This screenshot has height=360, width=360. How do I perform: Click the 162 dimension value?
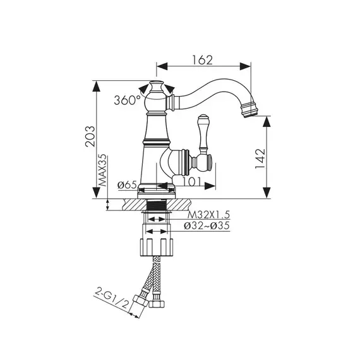point(203,60)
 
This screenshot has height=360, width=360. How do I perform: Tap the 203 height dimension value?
point(90,136)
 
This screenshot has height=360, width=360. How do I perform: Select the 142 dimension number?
point(260,159)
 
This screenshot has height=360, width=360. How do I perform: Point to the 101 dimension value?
point(192,182)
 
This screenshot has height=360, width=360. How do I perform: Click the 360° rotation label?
point(128,100)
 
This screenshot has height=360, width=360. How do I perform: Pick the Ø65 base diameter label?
point(127,185)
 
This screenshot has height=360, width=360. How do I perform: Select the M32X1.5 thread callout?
point(208,215)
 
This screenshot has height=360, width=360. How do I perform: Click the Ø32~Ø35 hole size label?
point(207,225)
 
